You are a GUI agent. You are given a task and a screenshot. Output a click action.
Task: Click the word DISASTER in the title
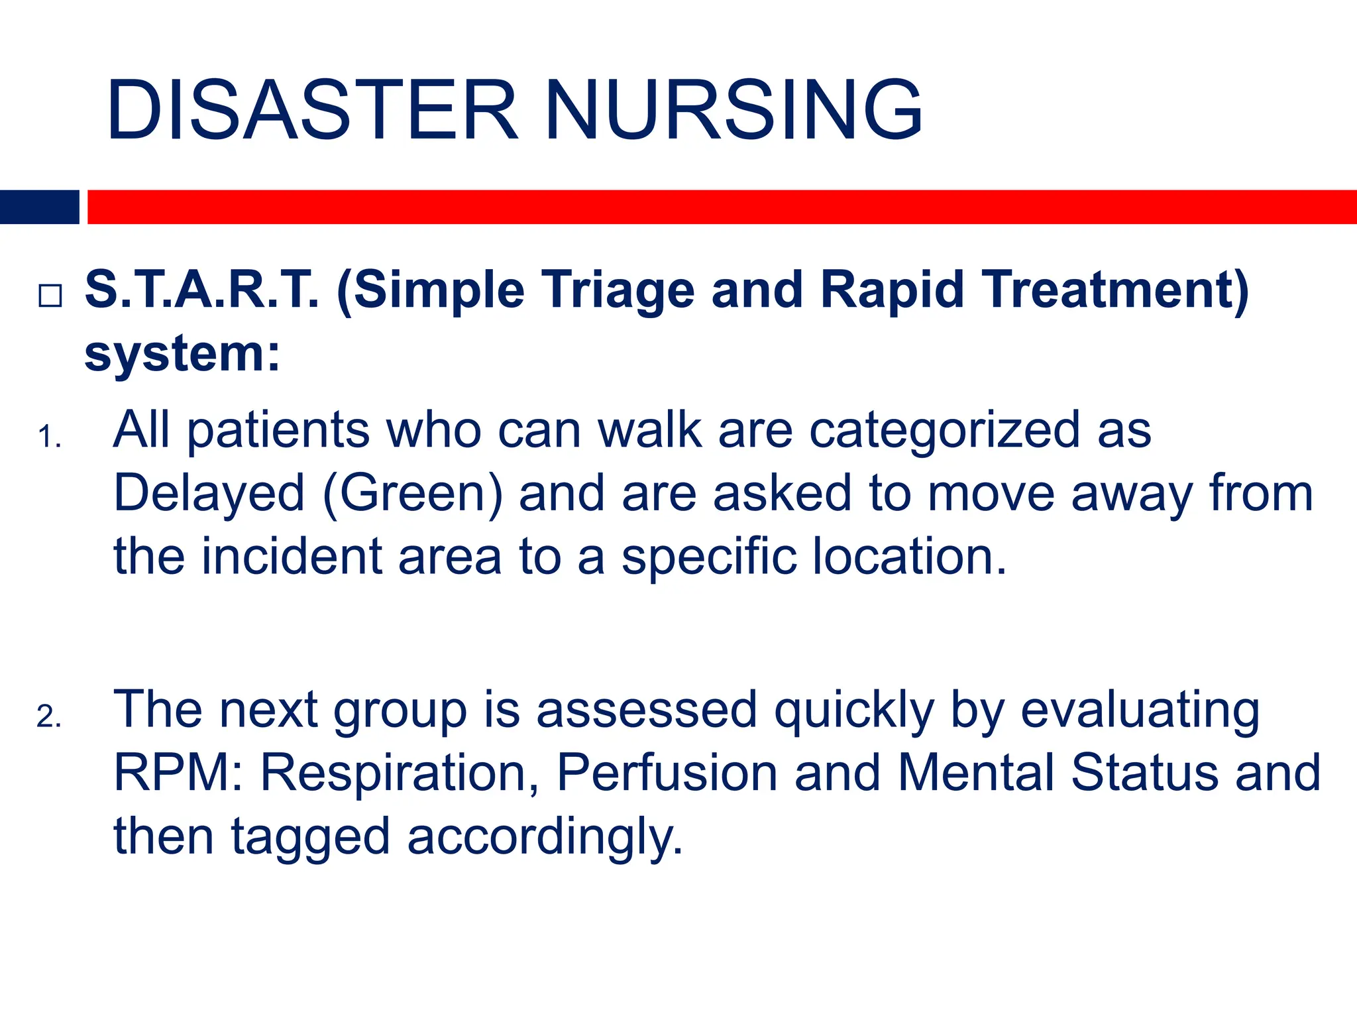[311, 110]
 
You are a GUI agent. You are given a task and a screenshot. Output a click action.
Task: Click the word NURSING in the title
[733, 110]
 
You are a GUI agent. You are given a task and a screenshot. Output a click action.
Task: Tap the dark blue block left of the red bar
[39, 207]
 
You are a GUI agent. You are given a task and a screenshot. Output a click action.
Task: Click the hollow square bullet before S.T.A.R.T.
[50, 295]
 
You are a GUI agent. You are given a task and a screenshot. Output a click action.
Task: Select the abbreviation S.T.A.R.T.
[202, 290]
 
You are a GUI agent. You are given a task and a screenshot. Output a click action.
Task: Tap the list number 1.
[49, 437]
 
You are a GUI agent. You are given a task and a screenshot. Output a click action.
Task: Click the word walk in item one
[649, 429]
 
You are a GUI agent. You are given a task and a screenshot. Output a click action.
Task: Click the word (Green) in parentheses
[413, 494]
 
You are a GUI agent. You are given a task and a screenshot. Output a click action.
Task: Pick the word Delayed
[209, 494]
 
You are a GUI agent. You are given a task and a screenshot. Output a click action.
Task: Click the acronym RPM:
[178, 773]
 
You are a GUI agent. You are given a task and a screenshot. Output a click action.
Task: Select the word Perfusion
[667, 773]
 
